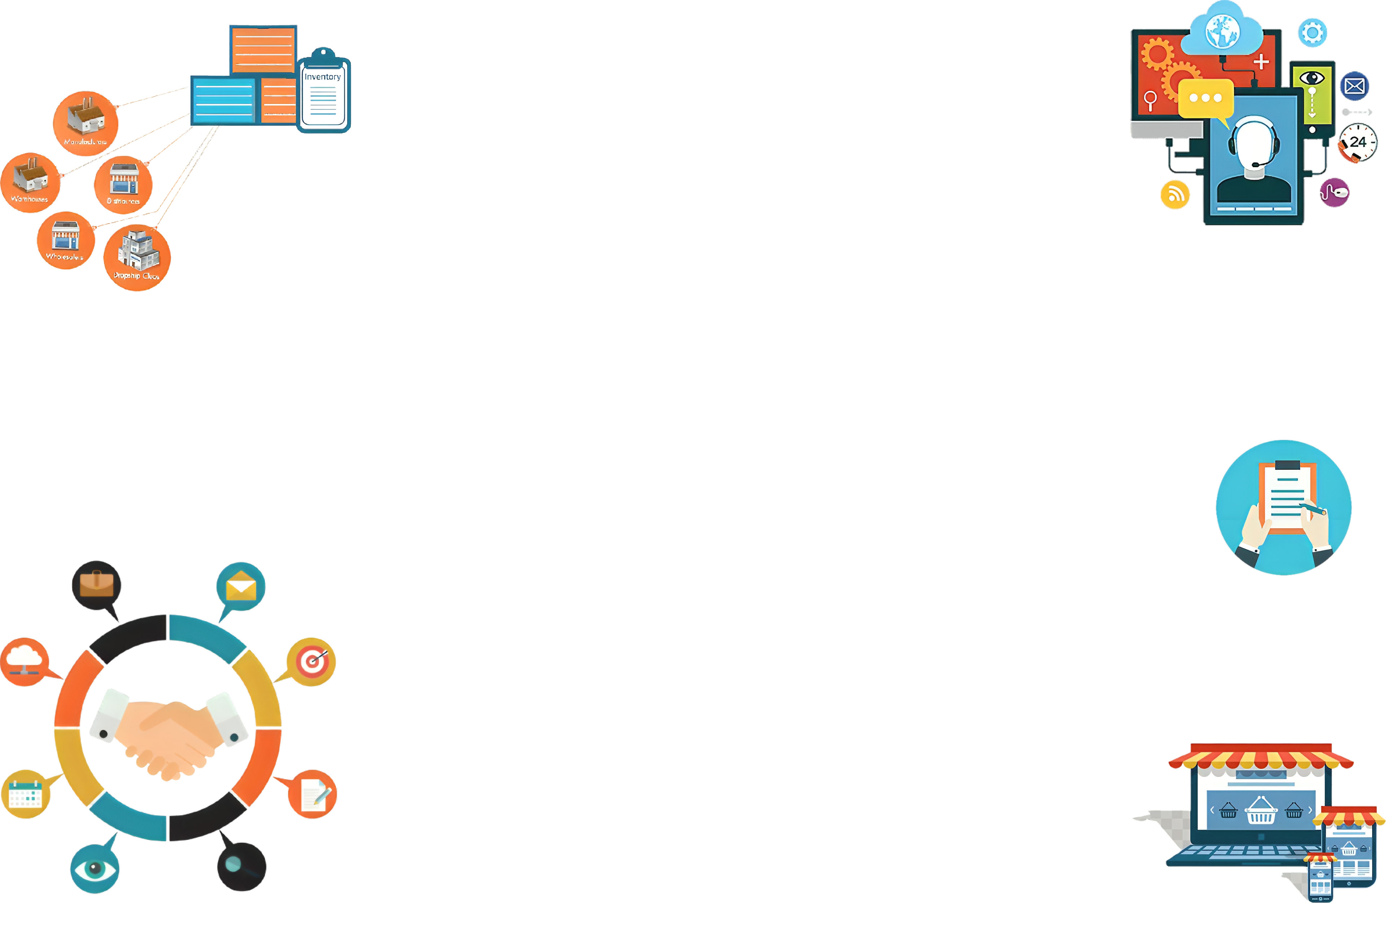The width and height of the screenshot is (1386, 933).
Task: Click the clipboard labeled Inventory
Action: (x=324, y=92)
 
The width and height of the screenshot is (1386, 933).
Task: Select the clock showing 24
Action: (x=1358, y=143)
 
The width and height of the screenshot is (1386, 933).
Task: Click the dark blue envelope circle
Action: (x=1355, y=86)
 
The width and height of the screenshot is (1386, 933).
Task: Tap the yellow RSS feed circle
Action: (x=1175, y=195)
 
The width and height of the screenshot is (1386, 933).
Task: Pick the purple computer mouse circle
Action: (x=1335, y=192)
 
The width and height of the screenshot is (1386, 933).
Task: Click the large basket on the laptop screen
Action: (x=1260, y=811)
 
